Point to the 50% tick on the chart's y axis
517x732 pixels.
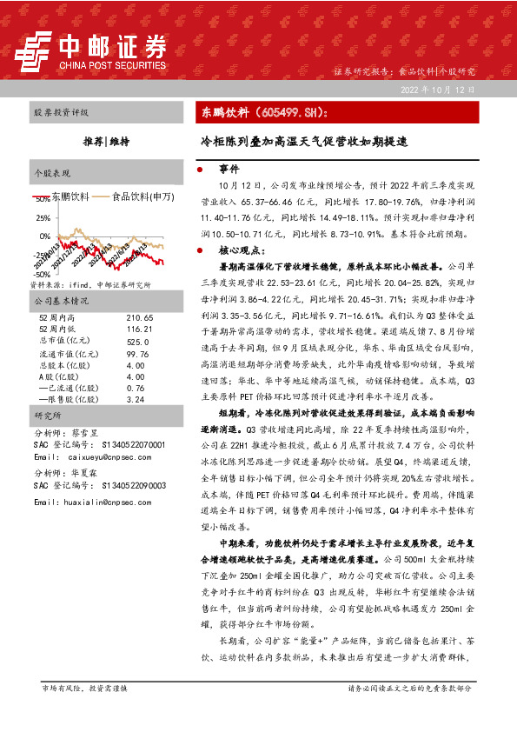coord(42,198)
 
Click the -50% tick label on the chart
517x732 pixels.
coord(40,273)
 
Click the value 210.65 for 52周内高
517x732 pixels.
coord(139,319)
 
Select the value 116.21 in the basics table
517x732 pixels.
coord(139,330)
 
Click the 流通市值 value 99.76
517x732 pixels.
coord(137,354)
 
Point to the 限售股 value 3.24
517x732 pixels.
coord(135,400)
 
